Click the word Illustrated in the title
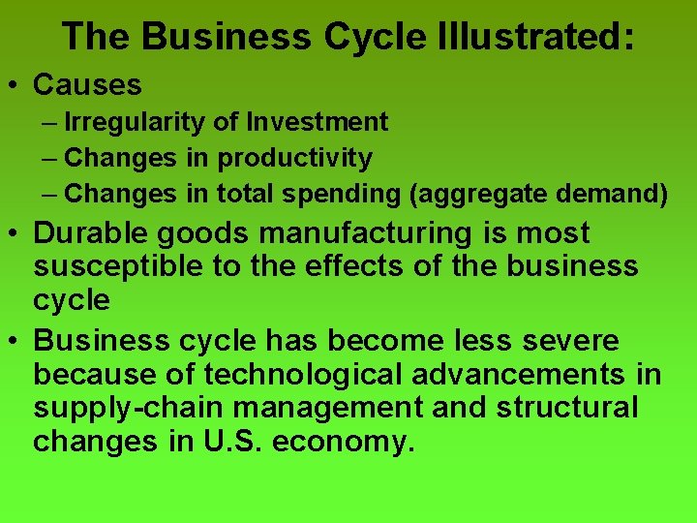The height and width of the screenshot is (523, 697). (509, 37)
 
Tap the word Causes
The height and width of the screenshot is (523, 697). (87, 85)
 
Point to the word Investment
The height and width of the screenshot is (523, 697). (318, 122)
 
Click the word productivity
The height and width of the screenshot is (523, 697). (294, 158)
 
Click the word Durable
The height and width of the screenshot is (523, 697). (93, 233)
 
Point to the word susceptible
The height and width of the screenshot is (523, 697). (116, 266)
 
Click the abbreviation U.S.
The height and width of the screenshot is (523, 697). (231, 442)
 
